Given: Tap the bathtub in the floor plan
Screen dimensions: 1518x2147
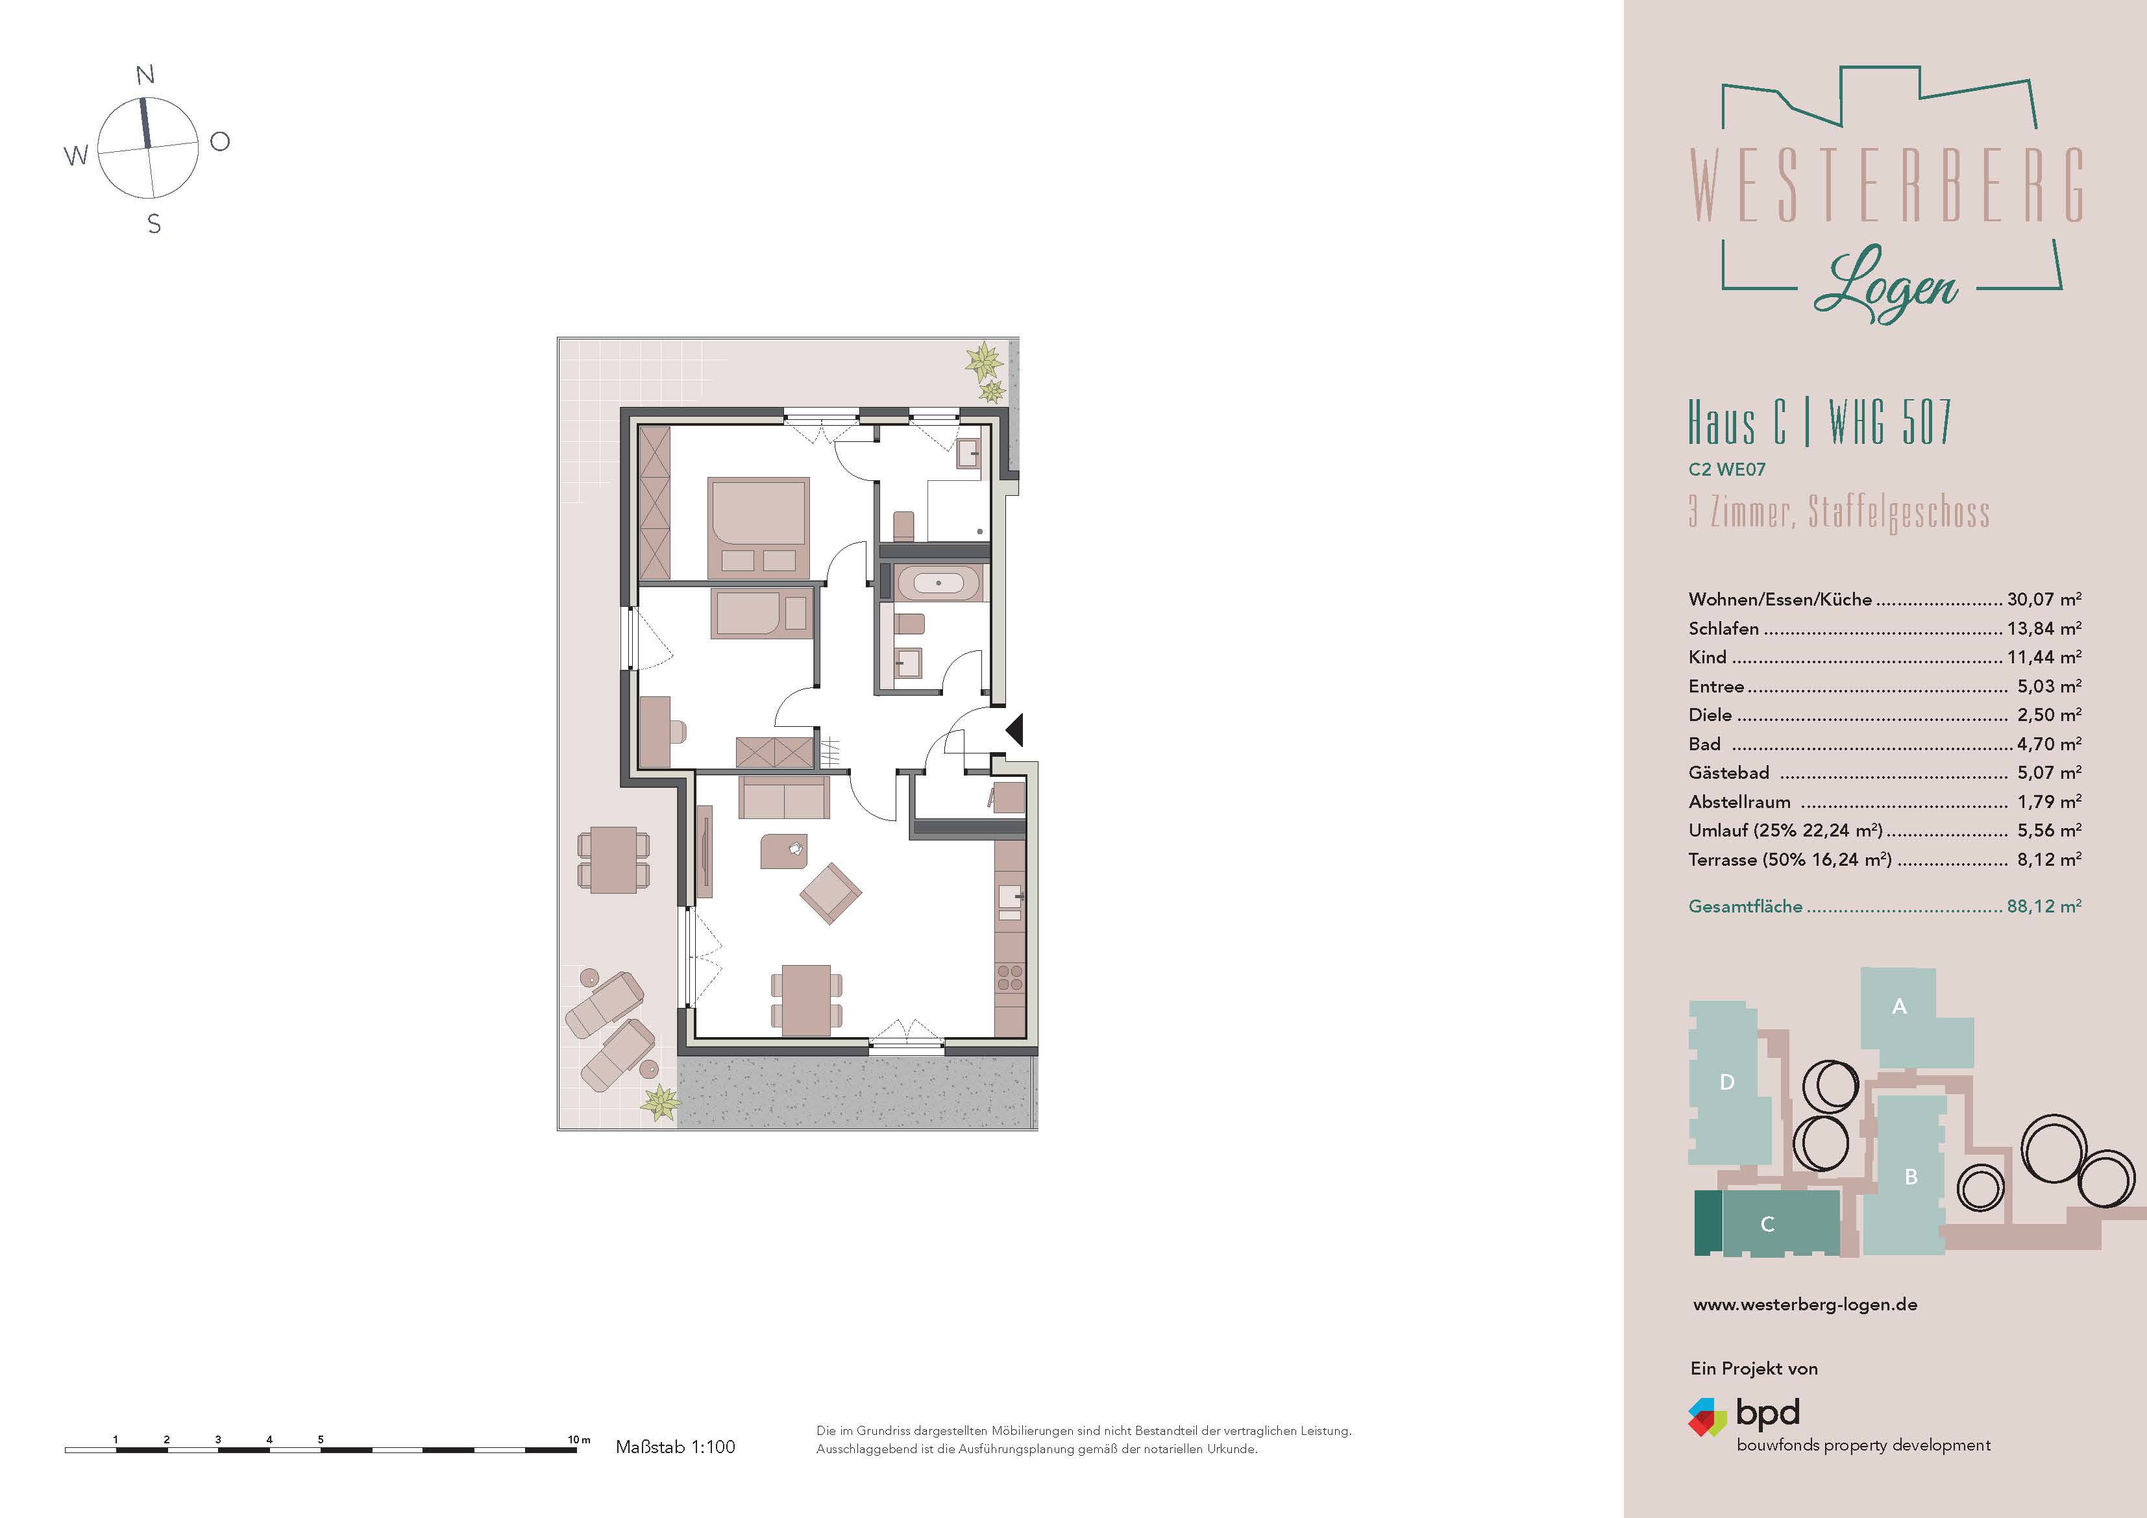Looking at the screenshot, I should [938, 583].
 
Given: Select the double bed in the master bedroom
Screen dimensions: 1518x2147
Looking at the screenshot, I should [758, 526].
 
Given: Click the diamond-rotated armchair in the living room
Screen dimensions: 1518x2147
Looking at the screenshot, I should [829, 893].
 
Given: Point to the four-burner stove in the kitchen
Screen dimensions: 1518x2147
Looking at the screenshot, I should [1010, 978].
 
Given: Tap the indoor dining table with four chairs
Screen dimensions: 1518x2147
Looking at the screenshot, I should [805, 1000].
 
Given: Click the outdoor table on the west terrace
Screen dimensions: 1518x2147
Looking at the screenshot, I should [613, 859].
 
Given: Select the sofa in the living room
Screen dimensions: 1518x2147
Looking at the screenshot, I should [783, 796].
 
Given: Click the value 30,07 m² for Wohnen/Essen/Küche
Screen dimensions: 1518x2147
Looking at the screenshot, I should [2043, 600].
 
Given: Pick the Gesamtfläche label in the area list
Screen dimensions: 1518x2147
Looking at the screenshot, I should [1745, 906].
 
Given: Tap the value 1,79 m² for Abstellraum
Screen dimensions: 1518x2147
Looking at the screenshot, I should [2048, 802].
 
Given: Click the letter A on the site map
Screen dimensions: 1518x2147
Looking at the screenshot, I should [1898, 1007].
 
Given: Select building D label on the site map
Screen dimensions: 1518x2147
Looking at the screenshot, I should [1726, 1082].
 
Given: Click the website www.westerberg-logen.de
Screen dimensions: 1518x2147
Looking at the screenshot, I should [1805, 1304].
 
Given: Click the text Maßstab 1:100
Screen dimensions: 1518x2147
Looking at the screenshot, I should [675, 1447].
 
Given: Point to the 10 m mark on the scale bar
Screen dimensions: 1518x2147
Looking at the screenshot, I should [578, 1439].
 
